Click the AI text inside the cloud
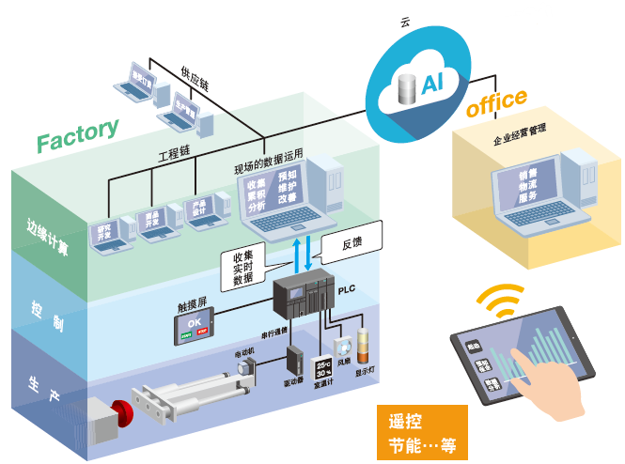coord(432,85)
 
